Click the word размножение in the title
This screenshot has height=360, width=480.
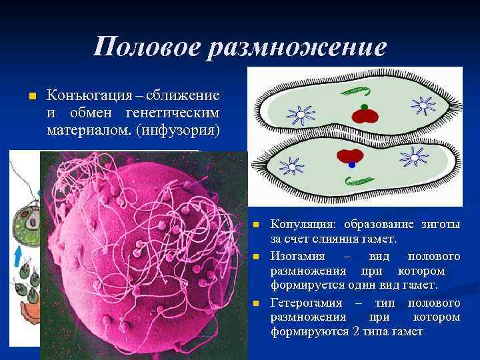tap(296, 47)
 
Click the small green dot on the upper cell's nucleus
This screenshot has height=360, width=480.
tap(364, 106)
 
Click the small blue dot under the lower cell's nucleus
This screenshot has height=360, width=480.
tap(352, 165)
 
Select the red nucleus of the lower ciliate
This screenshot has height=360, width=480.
tap(349, 155)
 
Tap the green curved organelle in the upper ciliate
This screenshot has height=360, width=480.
tap(351, 91)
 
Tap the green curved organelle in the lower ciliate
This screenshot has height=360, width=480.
tap(361, 180)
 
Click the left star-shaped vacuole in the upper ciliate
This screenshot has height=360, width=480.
tap(301, 115)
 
